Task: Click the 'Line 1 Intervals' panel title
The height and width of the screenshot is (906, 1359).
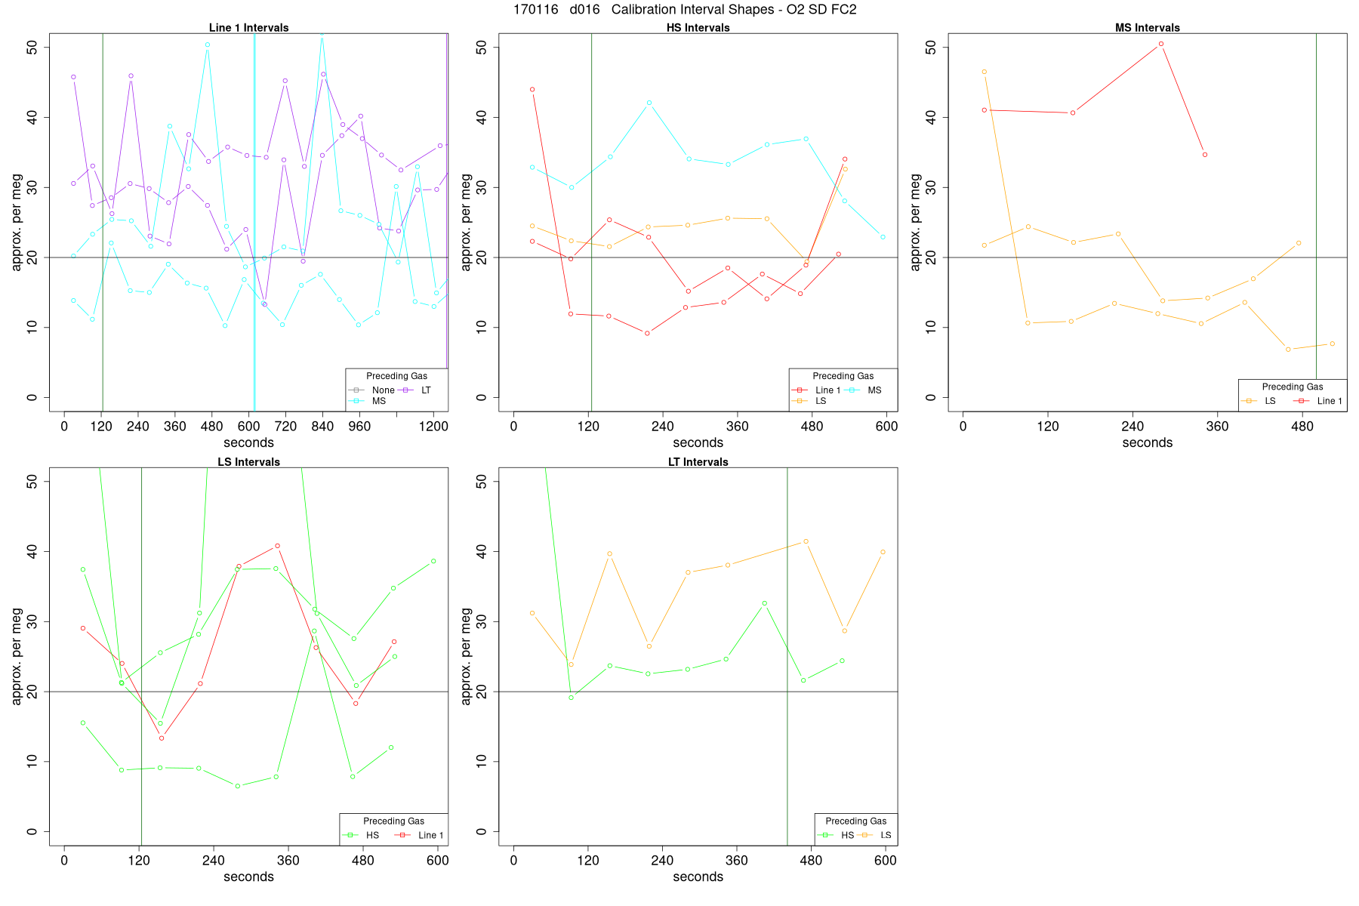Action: pos(248,28)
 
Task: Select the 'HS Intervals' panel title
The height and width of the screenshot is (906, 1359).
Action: pos(698,28)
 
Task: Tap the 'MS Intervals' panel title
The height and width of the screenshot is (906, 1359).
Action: pos(1147,28)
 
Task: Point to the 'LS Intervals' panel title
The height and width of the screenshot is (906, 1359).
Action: pos(248,462)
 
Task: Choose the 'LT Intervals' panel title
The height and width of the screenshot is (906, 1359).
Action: pos(698,462)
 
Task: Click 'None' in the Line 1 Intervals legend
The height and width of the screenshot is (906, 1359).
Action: pos(383,390)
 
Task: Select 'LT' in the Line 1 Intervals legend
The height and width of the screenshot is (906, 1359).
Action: pos(426,390)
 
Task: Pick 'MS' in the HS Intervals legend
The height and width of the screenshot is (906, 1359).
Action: pos(874,390)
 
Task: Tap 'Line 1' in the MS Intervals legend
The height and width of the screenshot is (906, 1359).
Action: pos(1329,401)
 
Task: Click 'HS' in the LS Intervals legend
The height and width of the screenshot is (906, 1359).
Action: pos(372,835)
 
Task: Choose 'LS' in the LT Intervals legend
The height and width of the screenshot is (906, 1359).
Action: pos(886,835)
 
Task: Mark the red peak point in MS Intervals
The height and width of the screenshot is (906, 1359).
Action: pos(1160,44)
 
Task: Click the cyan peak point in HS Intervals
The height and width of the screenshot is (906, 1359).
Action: pos(649,103)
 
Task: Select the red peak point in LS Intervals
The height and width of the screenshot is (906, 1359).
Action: pos(277,545)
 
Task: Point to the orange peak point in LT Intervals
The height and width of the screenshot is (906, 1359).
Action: pos(806,541)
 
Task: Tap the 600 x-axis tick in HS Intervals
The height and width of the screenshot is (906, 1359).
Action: pos(886,427)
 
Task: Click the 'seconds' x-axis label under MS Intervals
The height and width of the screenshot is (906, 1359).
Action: pos(1147,443)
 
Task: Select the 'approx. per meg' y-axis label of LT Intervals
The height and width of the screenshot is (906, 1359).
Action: pos(466,656)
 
